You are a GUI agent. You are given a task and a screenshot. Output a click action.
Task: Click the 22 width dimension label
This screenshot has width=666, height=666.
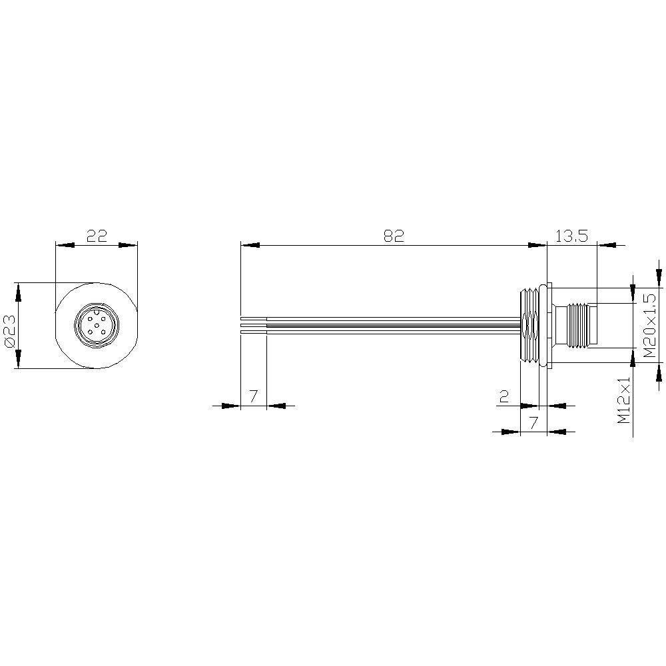click(x=97, y=236)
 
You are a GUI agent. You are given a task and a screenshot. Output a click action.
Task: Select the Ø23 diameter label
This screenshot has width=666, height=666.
click(x=9, y=325)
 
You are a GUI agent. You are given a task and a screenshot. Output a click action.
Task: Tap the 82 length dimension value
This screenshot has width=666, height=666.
click(x=394, y=236)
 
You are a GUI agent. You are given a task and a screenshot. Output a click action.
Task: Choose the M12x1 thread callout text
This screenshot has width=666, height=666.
click(x=624, y=400)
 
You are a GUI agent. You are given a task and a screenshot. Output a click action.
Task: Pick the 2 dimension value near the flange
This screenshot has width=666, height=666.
click(x=504, y=397)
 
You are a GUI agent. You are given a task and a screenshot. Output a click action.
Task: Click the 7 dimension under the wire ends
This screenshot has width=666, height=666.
click(x=253, y=397)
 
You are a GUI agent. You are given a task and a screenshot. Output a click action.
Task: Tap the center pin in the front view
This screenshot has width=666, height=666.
click(x=96, y=326)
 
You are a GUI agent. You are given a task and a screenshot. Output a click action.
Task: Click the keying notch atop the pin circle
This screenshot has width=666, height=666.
click(x=96, y=310)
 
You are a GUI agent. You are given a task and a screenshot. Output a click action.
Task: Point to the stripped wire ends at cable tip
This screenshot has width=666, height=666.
click(x=253, y=325)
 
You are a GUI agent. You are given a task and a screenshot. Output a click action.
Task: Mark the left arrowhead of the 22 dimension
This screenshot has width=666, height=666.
click(x=64, y=245)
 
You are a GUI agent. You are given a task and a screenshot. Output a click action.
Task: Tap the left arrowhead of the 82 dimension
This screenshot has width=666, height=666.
click(x=249, y=245)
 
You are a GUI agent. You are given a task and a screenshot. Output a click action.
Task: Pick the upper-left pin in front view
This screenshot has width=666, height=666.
click(x=89, y=319)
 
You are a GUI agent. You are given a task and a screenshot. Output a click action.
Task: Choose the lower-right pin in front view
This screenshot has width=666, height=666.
click(x=103, y=332)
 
